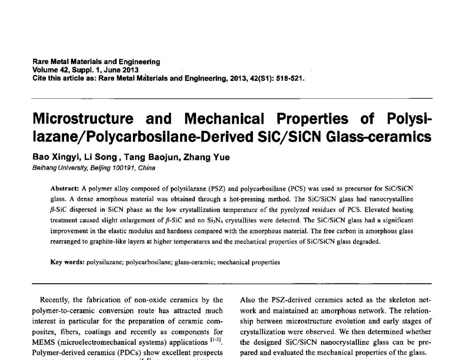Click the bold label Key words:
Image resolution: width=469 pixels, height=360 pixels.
pyautogui.click(x=68, y=262)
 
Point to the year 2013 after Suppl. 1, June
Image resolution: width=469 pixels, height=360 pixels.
pyautogui.click(x=129, y=70)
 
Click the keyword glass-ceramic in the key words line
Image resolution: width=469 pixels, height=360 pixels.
pyautogui.click(x=194, y=262)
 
